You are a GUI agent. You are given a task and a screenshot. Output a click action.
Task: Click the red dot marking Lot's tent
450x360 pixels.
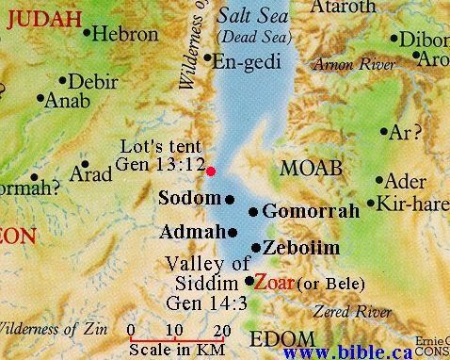coord(211,171)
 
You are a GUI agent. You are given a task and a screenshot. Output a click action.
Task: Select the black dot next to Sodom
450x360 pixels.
coord(230,199)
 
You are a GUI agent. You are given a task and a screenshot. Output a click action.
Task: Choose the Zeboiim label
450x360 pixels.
coord(301,248)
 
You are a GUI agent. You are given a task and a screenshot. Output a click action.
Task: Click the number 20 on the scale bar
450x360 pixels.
coord(221,330)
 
